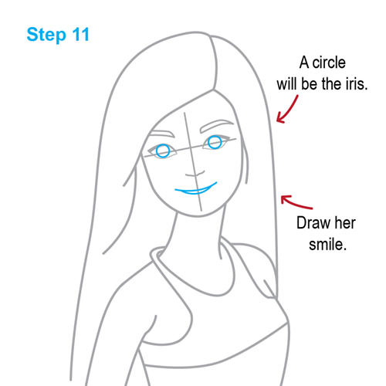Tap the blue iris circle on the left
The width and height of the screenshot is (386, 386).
162,151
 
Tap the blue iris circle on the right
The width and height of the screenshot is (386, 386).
214,143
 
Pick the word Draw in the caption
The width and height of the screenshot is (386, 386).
313,225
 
